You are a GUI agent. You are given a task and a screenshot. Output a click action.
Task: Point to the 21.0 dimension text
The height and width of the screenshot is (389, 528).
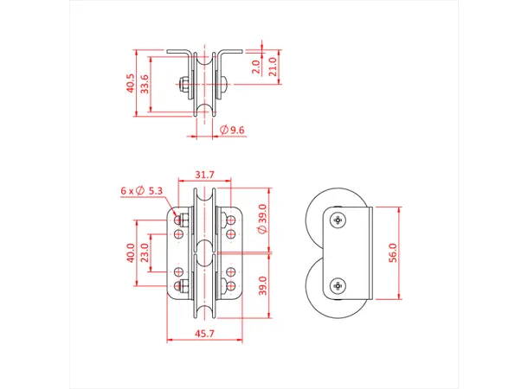(x=273, y=67)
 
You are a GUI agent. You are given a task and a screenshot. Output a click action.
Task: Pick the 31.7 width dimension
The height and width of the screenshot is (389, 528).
(x=205, y=175)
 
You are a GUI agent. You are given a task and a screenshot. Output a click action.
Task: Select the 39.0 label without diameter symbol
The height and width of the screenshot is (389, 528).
(x=262, y=284)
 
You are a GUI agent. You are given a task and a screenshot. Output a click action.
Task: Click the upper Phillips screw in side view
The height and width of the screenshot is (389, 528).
(x=337, y=220)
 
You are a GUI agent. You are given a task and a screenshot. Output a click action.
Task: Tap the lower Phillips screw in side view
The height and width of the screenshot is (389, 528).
(x=338, y=284)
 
